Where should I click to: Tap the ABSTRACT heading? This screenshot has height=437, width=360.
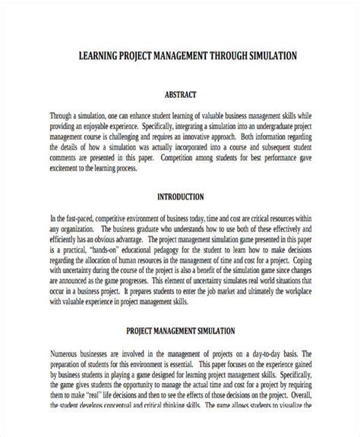click(x=180, y=96)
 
